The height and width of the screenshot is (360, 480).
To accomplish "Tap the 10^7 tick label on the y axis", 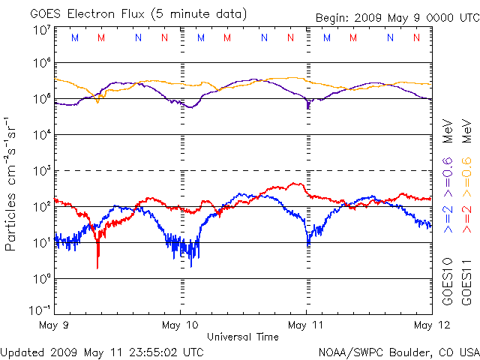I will point(41,30).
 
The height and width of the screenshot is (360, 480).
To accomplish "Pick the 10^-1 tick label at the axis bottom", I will point(40,309).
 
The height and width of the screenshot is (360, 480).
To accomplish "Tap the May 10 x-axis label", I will point(181,325).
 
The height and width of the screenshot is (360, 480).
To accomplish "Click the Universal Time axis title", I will point(243,337).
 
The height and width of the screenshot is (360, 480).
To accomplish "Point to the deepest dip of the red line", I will point(97,266).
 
